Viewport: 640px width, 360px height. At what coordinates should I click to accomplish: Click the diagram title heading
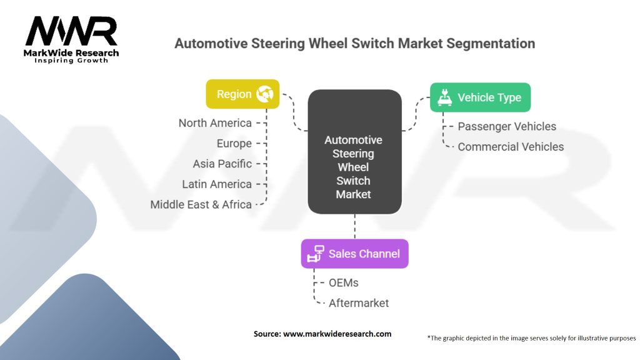click(354, 44)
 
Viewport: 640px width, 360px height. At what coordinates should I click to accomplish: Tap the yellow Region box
click(242, 94)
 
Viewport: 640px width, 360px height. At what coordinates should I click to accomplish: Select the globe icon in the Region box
click(265, 94)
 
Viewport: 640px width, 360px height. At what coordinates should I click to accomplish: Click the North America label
click(215, 123)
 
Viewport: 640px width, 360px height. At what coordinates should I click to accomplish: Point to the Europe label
click(234, 144)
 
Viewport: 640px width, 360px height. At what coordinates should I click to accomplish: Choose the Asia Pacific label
click(222, 164)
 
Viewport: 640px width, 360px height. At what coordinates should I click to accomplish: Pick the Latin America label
click(217, 184)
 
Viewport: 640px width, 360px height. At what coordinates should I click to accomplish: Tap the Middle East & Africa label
click(201, 204)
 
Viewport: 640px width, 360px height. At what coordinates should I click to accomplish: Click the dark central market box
click(354, 152)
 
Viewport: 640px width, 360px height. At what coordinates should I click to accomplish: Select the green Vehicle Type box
click(480, 97)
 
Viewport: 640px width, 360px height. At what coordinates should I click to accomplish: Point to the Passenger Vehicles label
click(507, 126)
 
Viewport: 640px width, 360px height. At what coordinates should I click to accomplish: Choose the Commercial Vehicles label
click(511, 147)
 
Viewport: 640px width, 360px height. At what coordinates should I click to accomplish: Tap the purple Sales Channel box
click(354, 254)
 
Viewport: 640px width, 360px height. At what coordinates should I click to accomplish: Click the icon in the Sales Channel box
click(317, 254)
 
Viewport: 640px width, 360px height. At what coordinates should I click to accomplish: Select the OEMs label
click(343, 283)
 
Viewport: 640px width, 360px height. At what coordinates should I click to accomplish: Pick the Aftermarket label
click(359, 303)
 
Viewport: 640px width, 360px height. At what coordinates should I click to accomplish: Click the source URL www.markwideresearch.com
click(337, 334)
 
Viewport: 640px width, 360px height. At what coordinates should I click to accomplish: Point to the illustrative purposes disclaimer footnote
click(531, 338)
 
